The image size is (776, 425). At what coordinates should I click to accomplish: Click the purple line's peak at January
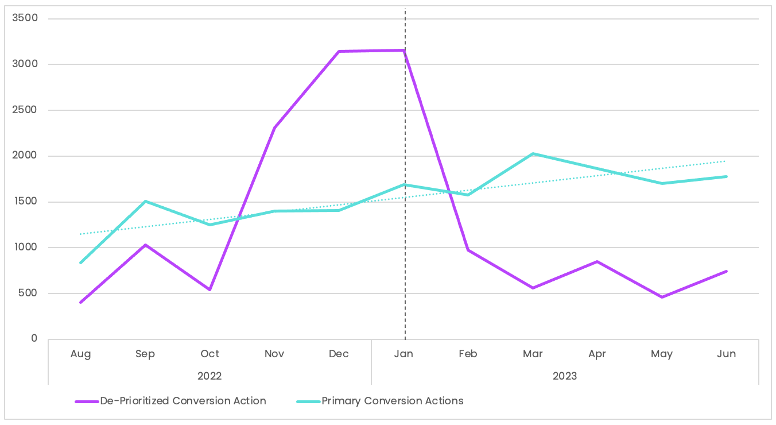404,51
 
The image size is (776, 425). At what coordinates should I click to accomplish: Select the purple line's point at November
274,127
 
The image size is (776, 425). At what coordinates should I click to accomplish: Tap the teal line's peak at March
533,154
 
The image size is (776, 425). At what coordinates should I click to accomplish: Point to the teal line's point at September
145,202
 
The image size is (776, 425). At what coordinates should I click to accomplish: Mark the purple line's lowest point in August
81,302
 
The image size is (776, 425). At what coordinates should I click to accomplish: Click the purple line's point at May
662,297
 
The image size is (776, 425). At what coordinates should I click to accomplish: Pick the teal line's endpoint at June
726,176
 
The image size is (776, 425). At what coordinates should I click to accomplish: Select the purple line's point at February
468,250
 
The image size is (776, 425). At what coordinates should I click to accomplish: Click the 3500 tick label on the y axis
25,18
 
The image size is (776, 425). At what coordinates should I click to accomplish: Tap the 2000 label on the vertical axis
25,156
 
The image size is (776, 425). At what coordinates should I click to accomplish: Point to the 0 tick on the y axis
34,339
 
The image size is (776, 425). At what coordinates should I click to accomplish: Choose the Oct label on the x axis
210,354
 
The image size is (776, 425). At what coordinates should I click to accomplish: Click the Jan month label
403,354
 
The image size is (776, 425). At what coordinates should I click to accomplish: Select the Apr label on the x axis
597,354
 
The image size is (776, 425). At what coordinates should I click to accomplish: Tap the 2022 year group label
209,376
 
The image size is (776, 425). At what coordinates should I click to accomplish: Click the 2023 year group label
565,376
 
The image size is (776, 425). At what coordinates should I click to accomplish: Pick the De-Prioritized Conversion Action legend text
183,401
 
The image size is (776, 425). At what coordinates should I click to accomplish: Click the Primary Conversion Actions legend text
392,401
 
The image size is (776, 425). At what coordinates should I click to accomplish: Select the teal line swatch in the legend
308,401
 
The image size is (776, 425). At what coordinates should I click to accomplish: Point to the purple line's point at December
339,52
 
